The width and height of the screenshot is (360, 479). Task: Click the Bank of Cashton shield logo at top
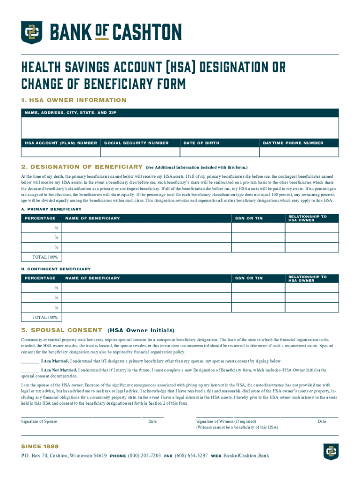[31, 33]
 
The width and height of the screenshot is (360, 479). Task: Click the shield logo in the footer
[331, 452]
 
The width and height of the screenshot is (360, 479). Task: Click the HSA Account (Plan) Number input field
[60, 152]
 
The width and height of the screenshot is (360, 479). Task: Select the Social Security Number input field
[140, 152]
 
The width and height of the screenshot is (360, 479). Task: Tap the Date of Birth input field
[219, 152]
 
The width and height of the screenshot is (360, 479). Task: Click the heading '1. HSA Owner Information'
[74, 100]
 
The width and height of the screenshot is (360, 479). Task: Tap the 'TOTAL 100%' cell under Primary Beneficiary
[45, 257]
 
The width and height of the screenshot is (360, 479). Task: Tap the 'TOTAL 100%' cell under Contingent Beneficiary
[45, 318]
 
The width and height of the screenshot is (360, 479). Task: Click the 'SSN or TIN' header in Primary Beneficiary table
[254, 218]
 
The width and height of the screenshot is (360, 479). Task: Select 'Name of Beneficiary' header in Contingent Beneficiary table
[93, 278]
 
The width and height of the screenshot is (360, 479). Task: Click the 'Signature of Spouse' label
[39, 421]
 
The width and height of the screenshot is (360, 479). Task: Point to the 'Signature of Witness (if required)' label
[226, 421]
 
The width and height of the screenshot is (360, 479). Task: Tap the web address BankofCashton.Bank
[246, 456]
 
